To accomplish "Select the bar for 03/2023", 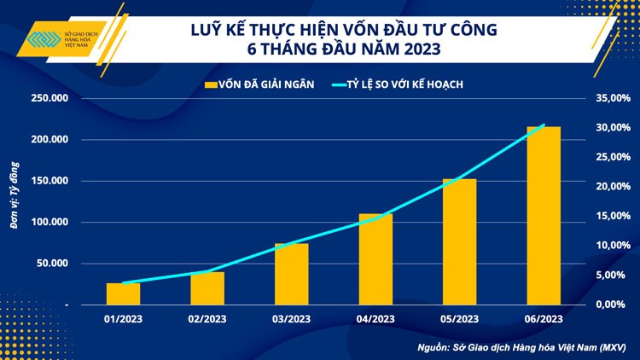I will pos(291,274).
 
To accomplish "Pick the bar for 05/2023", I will pos(459,242).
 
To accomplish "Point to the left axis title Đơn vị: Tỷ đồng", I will pos(15,202).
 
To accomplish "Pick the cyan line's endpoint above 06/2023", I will pos(544,125).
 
